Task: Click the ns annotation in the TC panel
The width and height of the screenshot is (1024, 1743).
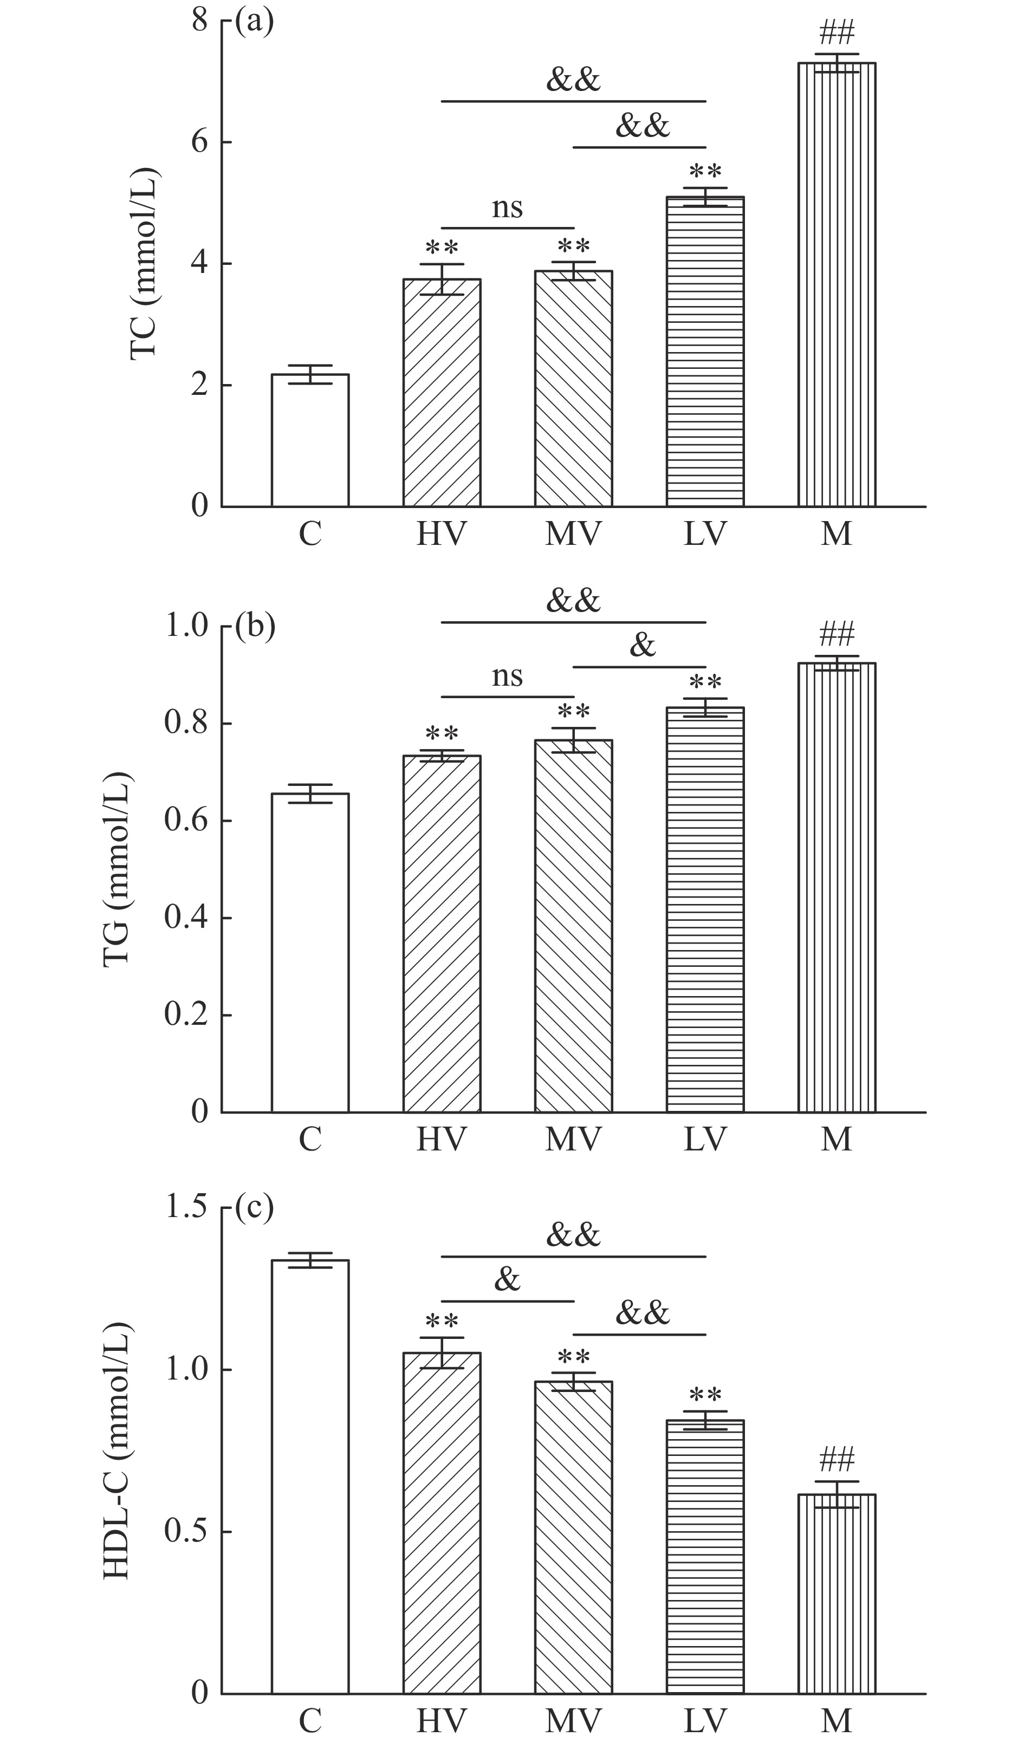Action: pyautogui.click(x=507, y=207)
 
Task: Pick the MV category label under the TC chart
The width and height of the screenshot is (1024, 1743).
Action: pyautogui.click(x=573, y=534)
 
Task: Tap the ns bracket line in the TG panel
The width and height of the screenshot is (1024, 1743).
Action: pyautogui.click(x=507, y=697)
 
